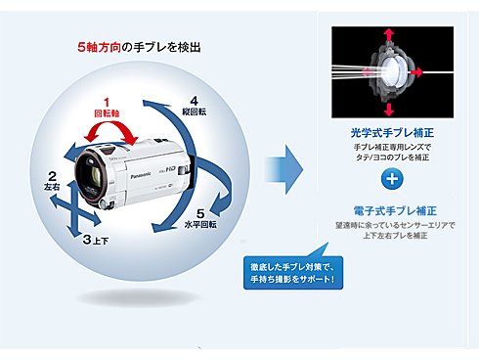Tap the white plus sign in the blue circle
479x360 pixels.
click(390, 178)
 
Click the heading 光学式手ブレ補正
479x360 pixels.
click(389, 132)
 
